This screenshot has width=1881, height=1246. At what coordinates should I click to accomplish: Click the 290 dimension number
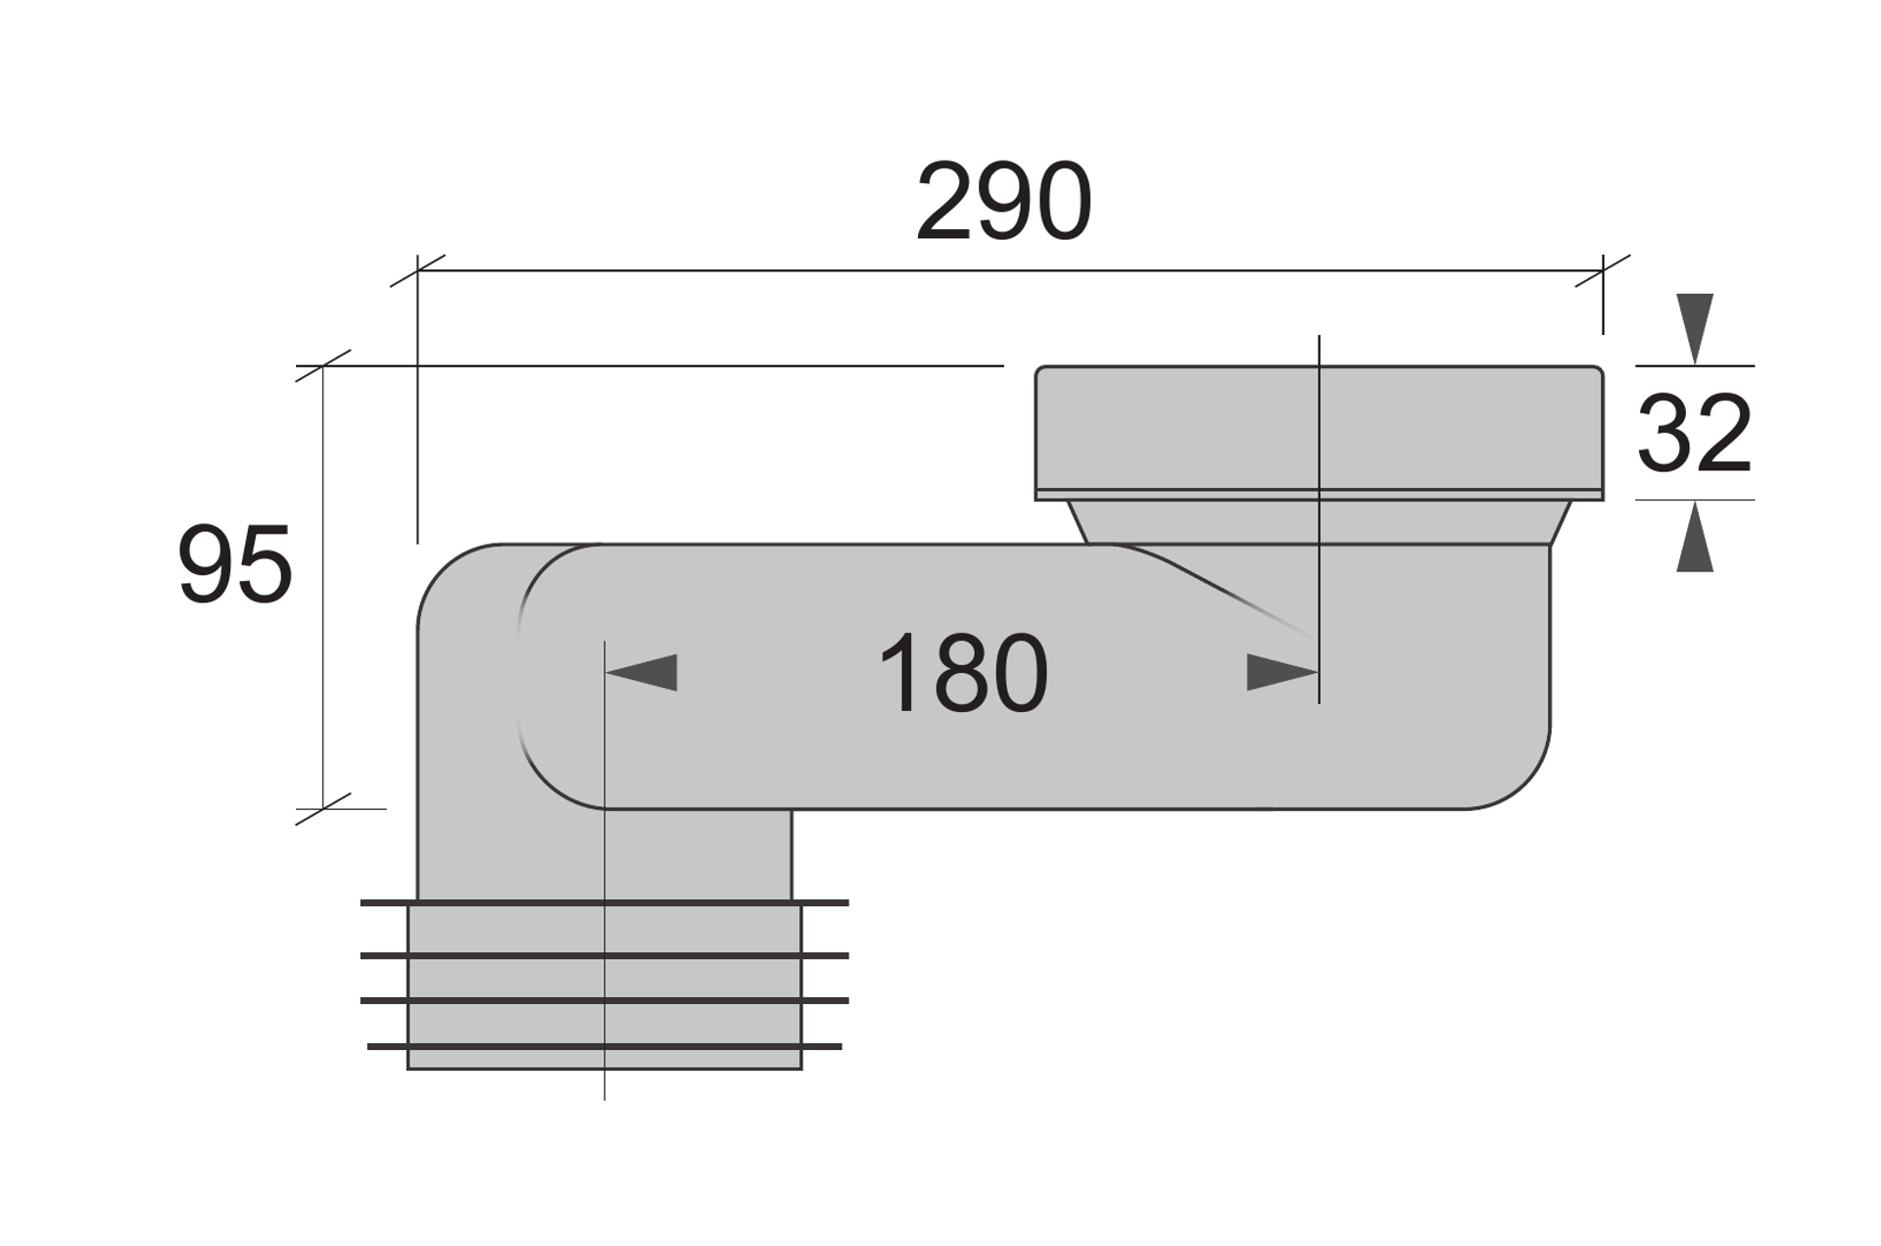[1003, 202]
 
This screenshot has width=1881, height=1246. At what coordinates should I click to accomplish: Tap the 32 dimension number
[1694, 433]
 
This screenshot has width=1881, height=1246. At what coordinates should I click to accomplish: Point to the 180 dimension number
[962, 674]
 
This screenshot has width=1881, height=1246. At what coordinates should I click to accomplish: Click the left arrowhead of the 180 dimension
[641, 673]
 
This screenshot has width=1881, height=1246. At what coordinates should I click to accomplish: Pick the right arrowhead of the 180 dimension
[1282, 673]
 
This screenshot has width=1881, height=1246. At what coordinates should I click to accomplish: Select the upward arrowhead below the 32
[1695, 537]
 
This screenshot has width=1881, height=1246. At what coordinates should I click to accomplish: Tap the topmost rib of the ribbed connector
[604, 902]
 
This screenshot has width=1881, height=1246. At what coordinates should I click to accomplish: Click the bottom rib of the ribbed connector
[604, 1046]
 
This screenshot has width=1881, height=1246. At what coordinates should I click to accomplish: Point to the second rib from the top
[604, 955]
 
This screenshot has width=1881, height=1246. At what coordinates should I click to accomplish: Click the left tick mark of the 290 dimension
[417, 270]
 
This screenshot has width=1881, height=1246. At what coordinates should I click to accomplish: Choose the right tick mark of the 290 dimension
[1603, 270]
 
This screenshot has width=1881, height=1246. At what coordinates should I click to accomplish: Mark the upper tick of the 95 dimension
[323, 365]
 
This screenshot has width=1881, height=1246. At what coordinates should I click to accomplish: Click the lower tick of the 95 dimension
[323, 809]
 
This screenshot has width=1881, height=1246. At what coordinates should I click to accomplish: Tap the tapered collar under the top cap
[1319, 522]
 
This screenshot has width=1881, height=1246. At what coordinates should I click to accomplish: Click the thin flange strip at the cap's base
[1319, 495]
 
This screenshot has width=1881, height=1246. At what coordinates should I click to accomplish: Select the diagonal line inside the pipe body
[1215, 589]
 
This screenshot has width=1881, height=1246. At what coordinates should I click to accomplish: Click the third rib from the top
[604, 1000]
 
